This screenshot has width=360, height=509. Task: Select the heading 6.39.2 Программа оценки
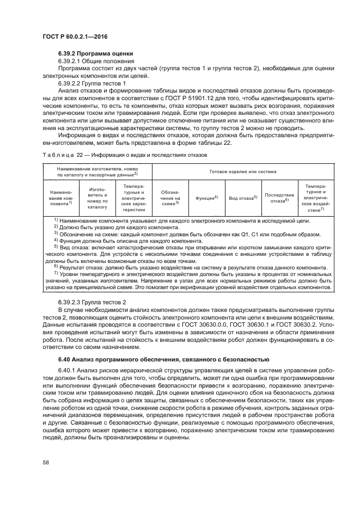[x=95, y=54]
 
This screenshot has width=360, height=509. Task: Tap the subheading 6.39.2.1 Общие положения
[x=92, y=62]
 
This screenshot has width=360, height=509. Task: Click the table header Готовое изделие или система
[x=242, y=171]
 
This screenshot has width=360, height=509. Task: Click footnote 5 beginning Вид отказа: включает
[x=185, y=247]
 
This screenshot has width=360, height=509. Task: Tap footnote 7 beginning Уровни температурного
[x=185, y=274]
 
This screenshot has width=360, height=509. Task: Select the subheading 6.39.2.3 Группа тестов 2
[x=92, y=302]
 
